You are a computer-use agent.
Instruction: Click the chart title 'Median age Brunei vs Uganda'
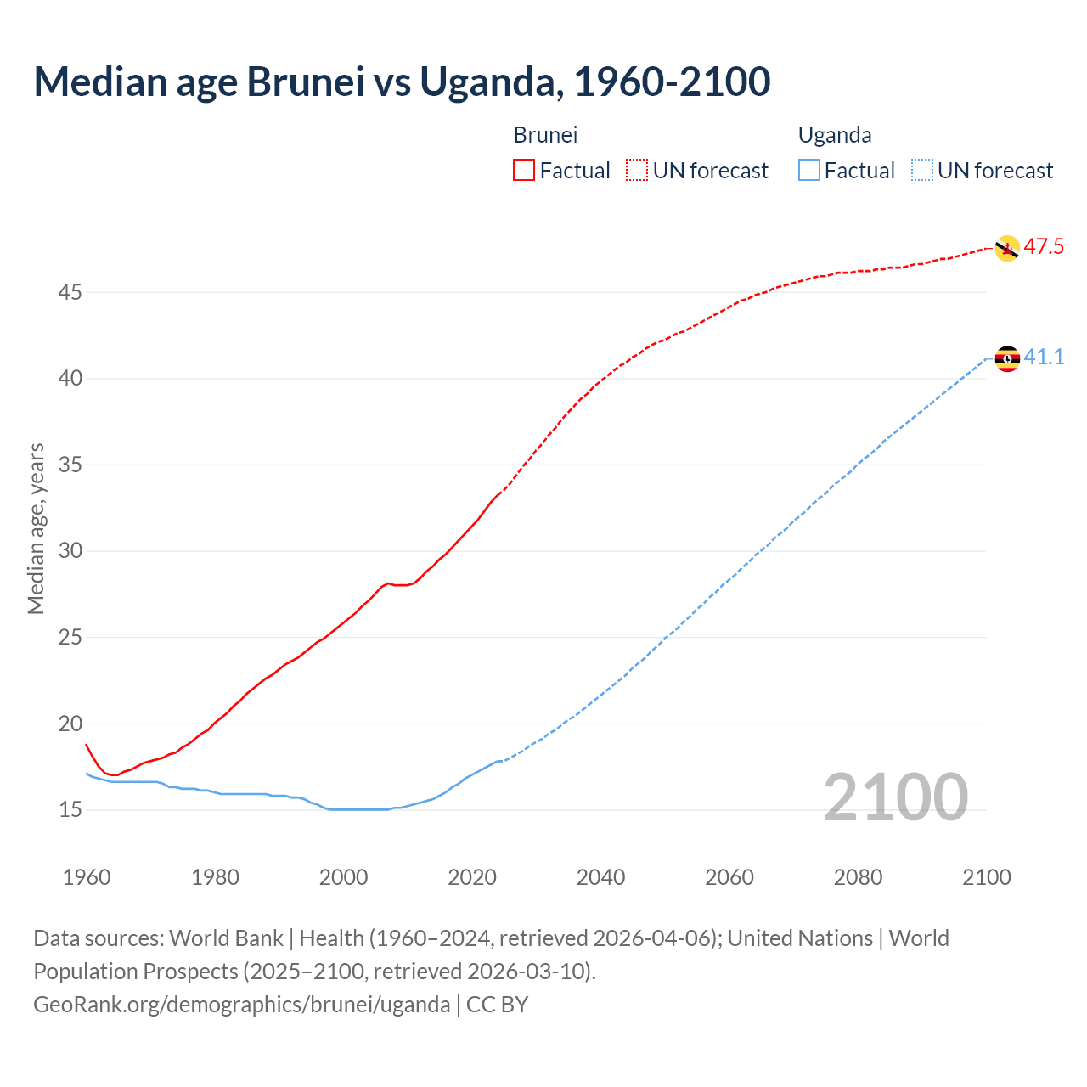pyautogui.click(x=402, y=82)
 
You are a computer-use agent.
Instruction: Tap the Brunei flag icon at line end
pyautogui.click(x=1006, y=248)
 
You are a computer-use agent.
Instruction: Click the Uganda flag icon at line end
pyautogui.click(x=1006, y=358)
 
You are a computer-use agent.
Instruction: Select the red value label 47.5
pyautogui.click(x=1044, y=247)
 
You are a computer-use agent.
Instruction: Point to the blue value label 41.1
pyautogui.click(x=1044, y=358)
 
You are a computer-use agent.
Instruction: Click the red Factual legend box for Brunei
pyautogui.click(x=524, y=171)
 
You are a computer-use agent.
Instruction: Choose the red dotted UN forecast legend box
pyautogui.click(x=637, y=171)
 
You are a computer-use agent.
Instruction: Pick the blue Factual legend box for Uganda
pyautogui.click(x=809, y=171)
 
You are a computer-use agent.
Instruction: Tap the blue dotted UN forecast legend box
pyautogui.click(x=922, y=171)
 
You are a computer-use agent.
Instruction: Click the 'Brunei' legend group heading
pyautogui.click(x=545, y=135)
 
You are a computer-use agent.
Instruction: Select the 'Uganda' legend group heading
pyautogui.click(x=835, y=135)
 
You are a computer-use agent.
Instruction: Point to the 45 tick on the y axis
pyautogui.click(x=70, y=293)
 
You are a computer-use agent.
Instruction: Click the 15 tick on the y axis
pyautogui.click(x=70, y=810)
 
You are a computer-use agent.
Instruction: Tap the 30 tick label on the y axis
pyautogui.click(x=70, y=551)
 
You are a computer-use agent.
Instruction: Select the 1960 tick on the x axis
pyautogui.click(x=87, y=877)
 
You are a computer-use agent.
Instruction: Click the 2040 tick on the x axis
pyautogui.click(x=600, y=877)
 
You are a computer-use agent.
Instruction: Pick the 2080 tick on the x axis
pyautogui.click(x=858, y=877)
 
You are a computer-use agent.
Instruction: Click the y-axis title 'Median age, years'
pyautogui.click(x=37, y=528)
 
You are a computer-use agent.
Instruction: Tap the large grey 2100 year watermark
pyautogui.click(x=895, y=797)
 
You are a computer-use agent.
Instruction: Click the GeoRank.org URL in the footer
pyautogui.click(x=242, y=1005)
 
